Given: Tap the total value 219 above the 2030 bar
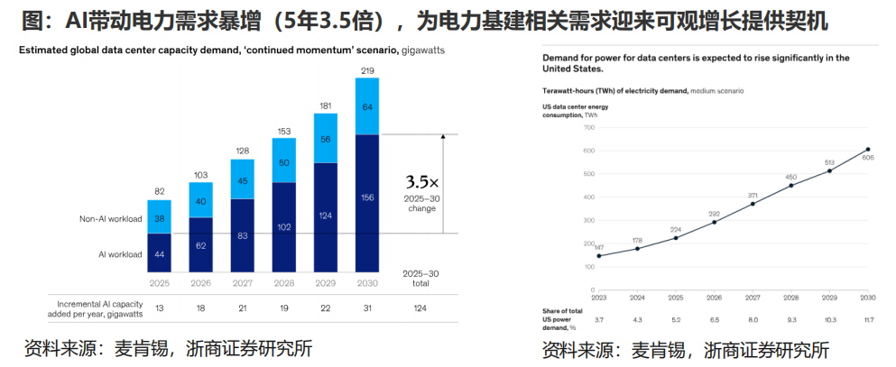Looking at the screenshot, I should click(x=367, y=71).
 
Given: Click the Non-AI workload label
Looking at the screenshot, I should click(x=111, y=218).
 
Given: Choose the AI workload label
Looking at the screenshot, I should click(x=121, y=254).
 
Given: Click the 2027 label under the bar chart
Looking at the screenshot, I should click(x=243, y=283).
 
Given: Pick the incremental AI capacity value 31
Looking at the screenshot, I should click(x=367, y=307).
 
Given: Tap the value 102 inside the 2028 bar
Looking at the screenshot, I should click(x=284, y=227).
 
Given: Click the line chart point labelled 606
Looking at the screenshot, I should click(x=868, y=150).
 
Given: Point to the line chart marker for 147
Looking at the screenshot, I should click(x=599, y=256).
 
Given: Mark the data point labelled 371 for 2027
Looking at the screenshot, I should click(x=753, y=204).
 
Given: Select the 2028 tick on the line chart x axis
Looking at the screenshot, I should click(x=791, y=298).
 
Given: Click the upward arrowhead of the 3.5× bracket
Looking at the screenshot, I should click(x=444, y=138).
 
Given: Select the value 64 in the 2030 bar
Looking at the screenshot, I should click(x=367, y=106).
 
